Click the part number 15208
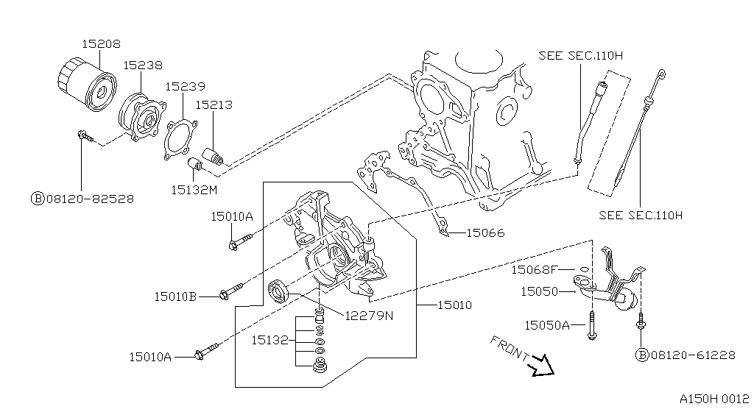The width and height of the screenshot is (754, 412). (100, 44)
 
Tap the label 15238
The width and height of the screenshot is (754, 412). (142, 65)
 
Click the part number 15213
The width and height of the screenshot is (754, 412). (214, 104)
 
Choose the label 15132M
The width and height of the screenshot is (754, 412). (194, 189)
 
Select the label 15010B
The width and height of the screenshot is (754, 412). (175, 296)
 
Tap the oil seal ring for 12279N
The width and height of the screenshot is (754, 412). (279, 291)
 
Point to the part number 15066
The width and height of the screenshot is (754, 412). (485, 233)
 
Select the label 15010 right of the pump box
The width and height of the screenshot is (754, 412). (454, 305)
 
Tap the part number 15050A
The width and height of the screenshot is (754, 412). (546, 324)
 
